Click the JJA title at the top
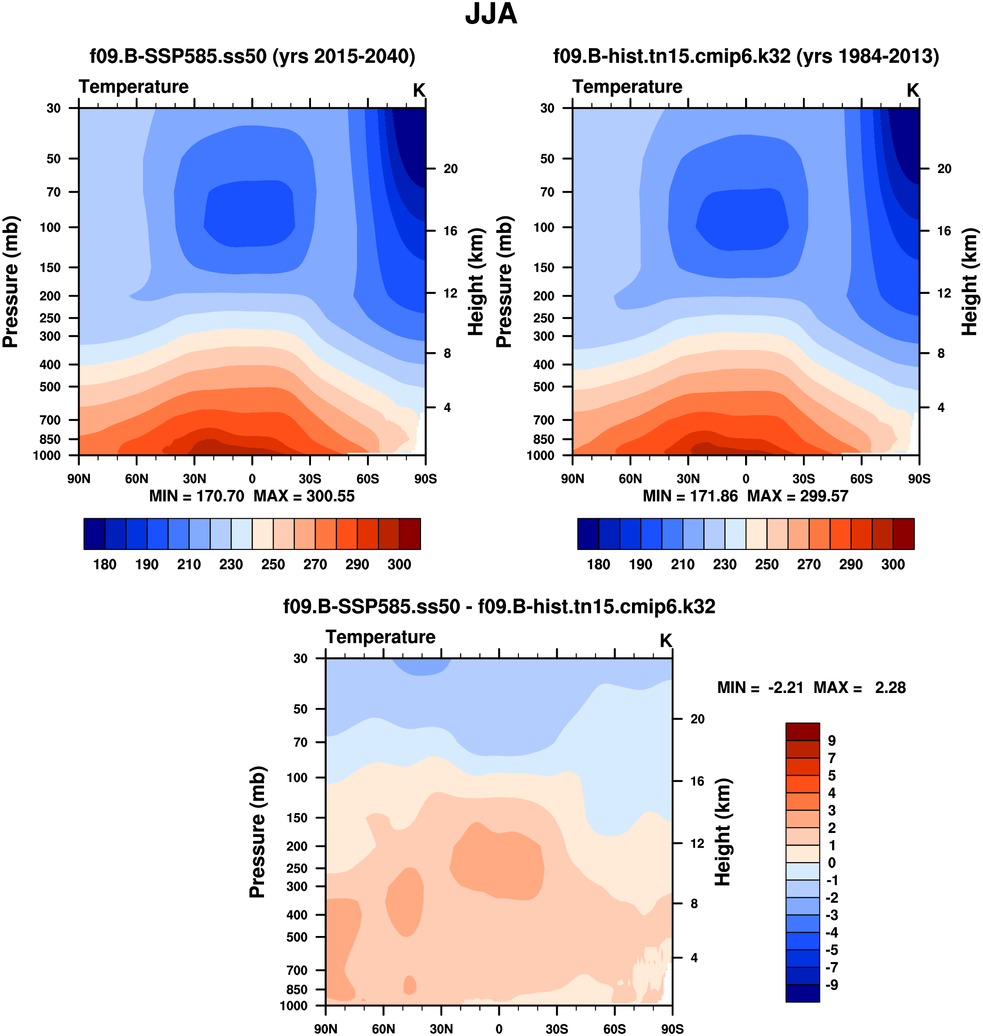[491, 14]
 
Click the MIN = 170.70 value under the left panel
[197, 496]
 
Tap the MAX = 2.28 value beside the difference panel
[859, 688]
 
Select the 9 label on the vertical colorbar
[832, 741]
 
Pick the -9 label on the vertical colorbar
[832, 985]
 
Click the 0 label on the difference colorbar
[832, 863]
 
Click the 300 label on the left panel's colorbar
[399, 565]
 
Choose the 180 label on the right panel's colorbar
[598, 565]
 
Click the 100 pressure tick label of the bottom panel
[297, 777]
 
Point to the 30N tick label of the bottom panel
[441, 1029]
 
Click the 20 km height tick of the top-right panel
[944, 169]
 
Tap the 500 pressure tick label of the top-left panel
[50, 386]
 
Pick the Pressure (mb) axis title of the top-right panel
[504, 282]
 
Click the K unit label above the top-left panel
[419, 90]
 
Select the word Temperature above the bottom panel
[381, 637]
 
